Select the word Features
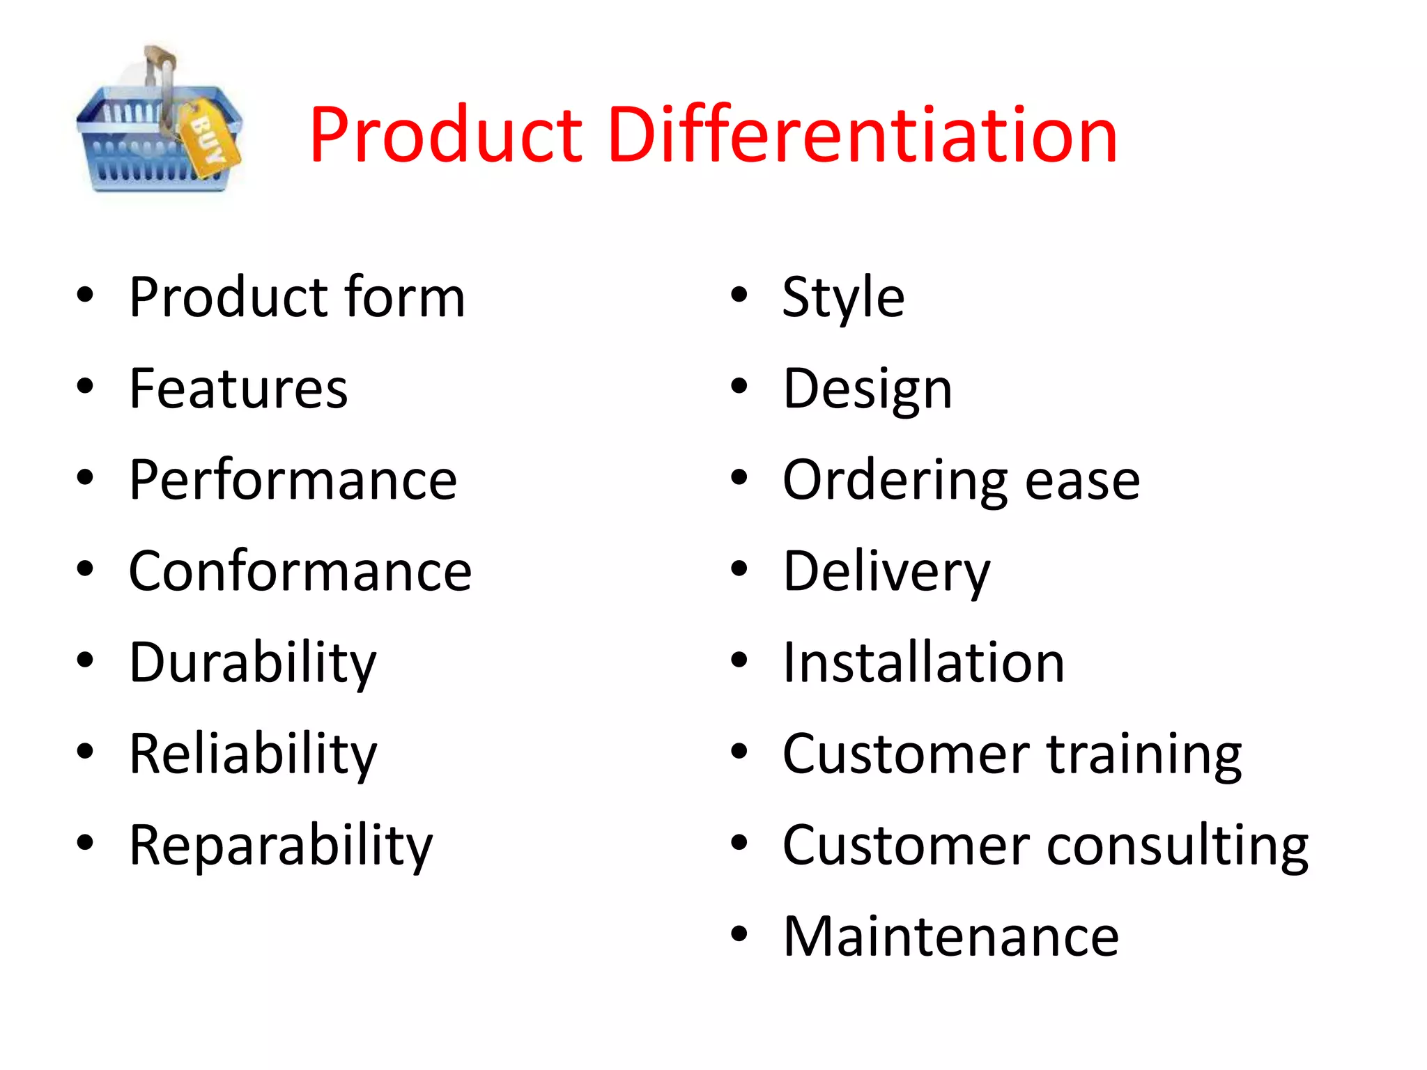238,388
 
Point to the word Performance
293,480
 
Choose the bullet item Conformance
300,571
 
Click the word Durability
252,662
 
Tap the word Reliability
252,754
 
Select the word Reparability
280,845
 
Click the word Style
843,297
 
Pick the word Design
867,389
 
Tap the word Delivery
886,572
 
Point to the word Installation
923,662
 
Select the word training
1144,754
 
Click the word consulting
1178,846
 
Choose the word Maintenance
950,937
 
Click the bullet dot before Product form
85,295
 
